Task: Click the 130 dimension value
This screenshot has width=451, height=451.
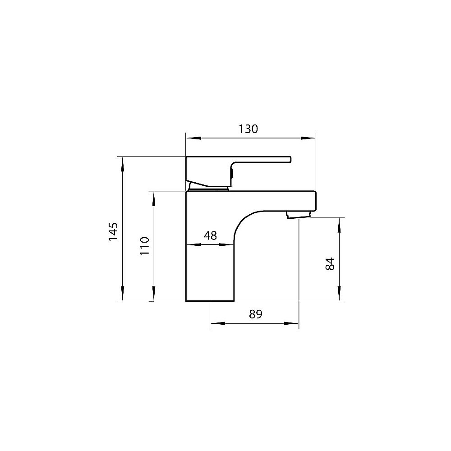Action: (248, 129)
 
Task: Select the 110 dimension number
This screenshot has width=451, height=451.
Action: (144, 246)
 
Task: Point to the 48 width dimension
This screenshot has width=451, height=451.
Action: (210, 235)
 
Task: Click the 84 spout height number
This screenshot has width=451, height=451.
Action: (330, 263)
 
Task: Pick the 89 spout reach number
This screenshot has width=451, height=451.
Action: (255, 314)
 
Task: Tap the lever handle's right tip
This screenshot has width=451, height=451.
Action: (290, 159)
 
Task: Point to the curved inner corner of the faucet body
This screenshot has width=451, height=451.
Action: (244, 221)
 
